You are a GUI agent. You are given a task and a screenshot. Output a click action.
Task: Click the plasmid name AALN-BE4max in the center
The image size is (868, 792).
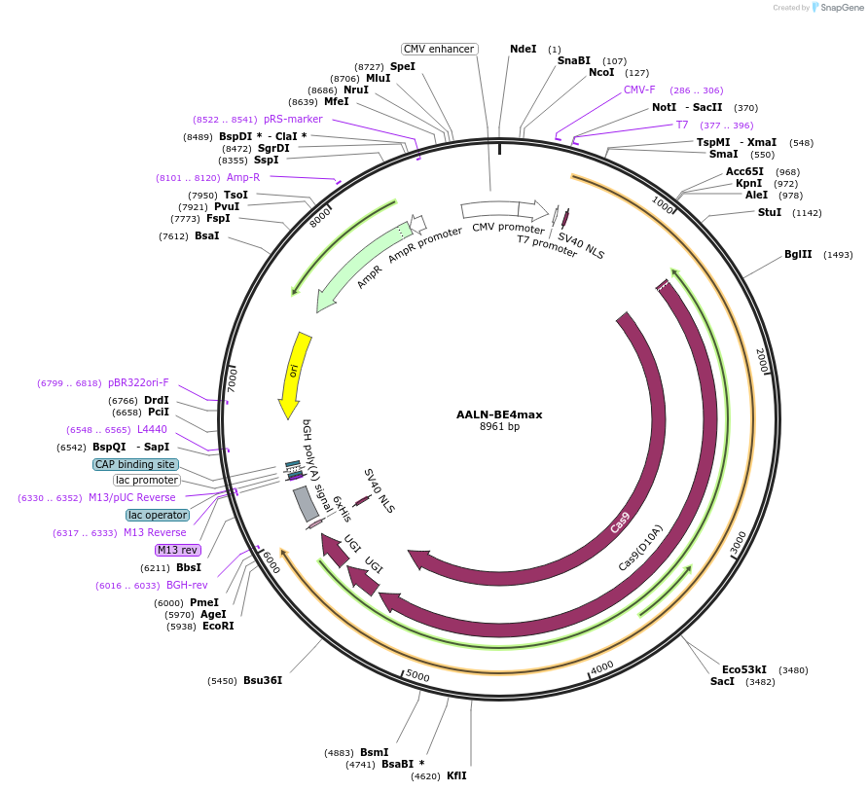click(499, 414)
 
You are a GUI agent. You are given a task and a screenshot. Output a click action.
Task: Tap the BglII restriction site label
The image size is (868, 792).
click(798, 255)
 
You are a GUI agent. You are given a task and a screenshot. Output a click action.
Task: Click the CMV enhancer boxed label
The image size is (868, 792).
click(439, 49)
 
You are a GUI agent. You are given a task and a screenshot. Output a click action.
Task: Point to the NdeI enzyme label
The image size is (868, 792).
click(523, 49)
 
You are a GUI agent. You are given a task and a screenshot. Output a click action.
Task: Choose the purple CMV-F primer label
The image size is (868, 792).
click(639, 90)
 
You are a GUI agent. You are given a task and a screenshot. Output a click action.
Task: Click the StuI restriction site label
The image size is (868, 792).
click(769, 212)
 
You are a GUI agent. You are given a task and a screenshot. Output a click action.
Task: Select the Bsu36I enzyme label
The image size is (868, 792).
click(263, 680)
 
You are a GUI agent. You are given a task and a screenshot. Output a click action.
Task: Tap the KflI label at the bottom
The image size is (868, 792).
click(456, 775)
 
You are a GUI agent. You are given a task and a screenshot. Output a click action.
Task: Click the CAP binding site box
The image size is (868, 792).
click(135, 464)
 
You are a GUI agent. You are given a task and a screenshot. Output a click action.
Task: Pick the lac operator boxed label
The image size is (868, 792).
click(157, 515)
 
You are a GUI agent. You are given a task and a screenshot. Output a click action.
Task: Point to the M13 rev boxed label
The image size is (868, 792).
click(177, 550)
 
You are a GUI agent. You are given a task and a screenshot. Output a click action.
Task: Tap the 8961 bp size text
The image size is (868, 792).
click(499, 427)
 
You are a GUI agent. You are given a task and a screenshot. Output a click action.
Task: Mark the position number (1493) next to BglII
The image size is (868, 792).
click(838, 255)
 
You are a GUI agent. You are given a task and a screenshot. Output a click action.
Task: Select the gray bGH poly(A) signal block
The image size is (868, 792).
click(306, 503)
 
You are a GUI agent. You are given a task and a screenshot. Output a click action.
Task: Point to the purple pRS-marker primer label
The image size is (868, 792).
click(293, 119)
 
